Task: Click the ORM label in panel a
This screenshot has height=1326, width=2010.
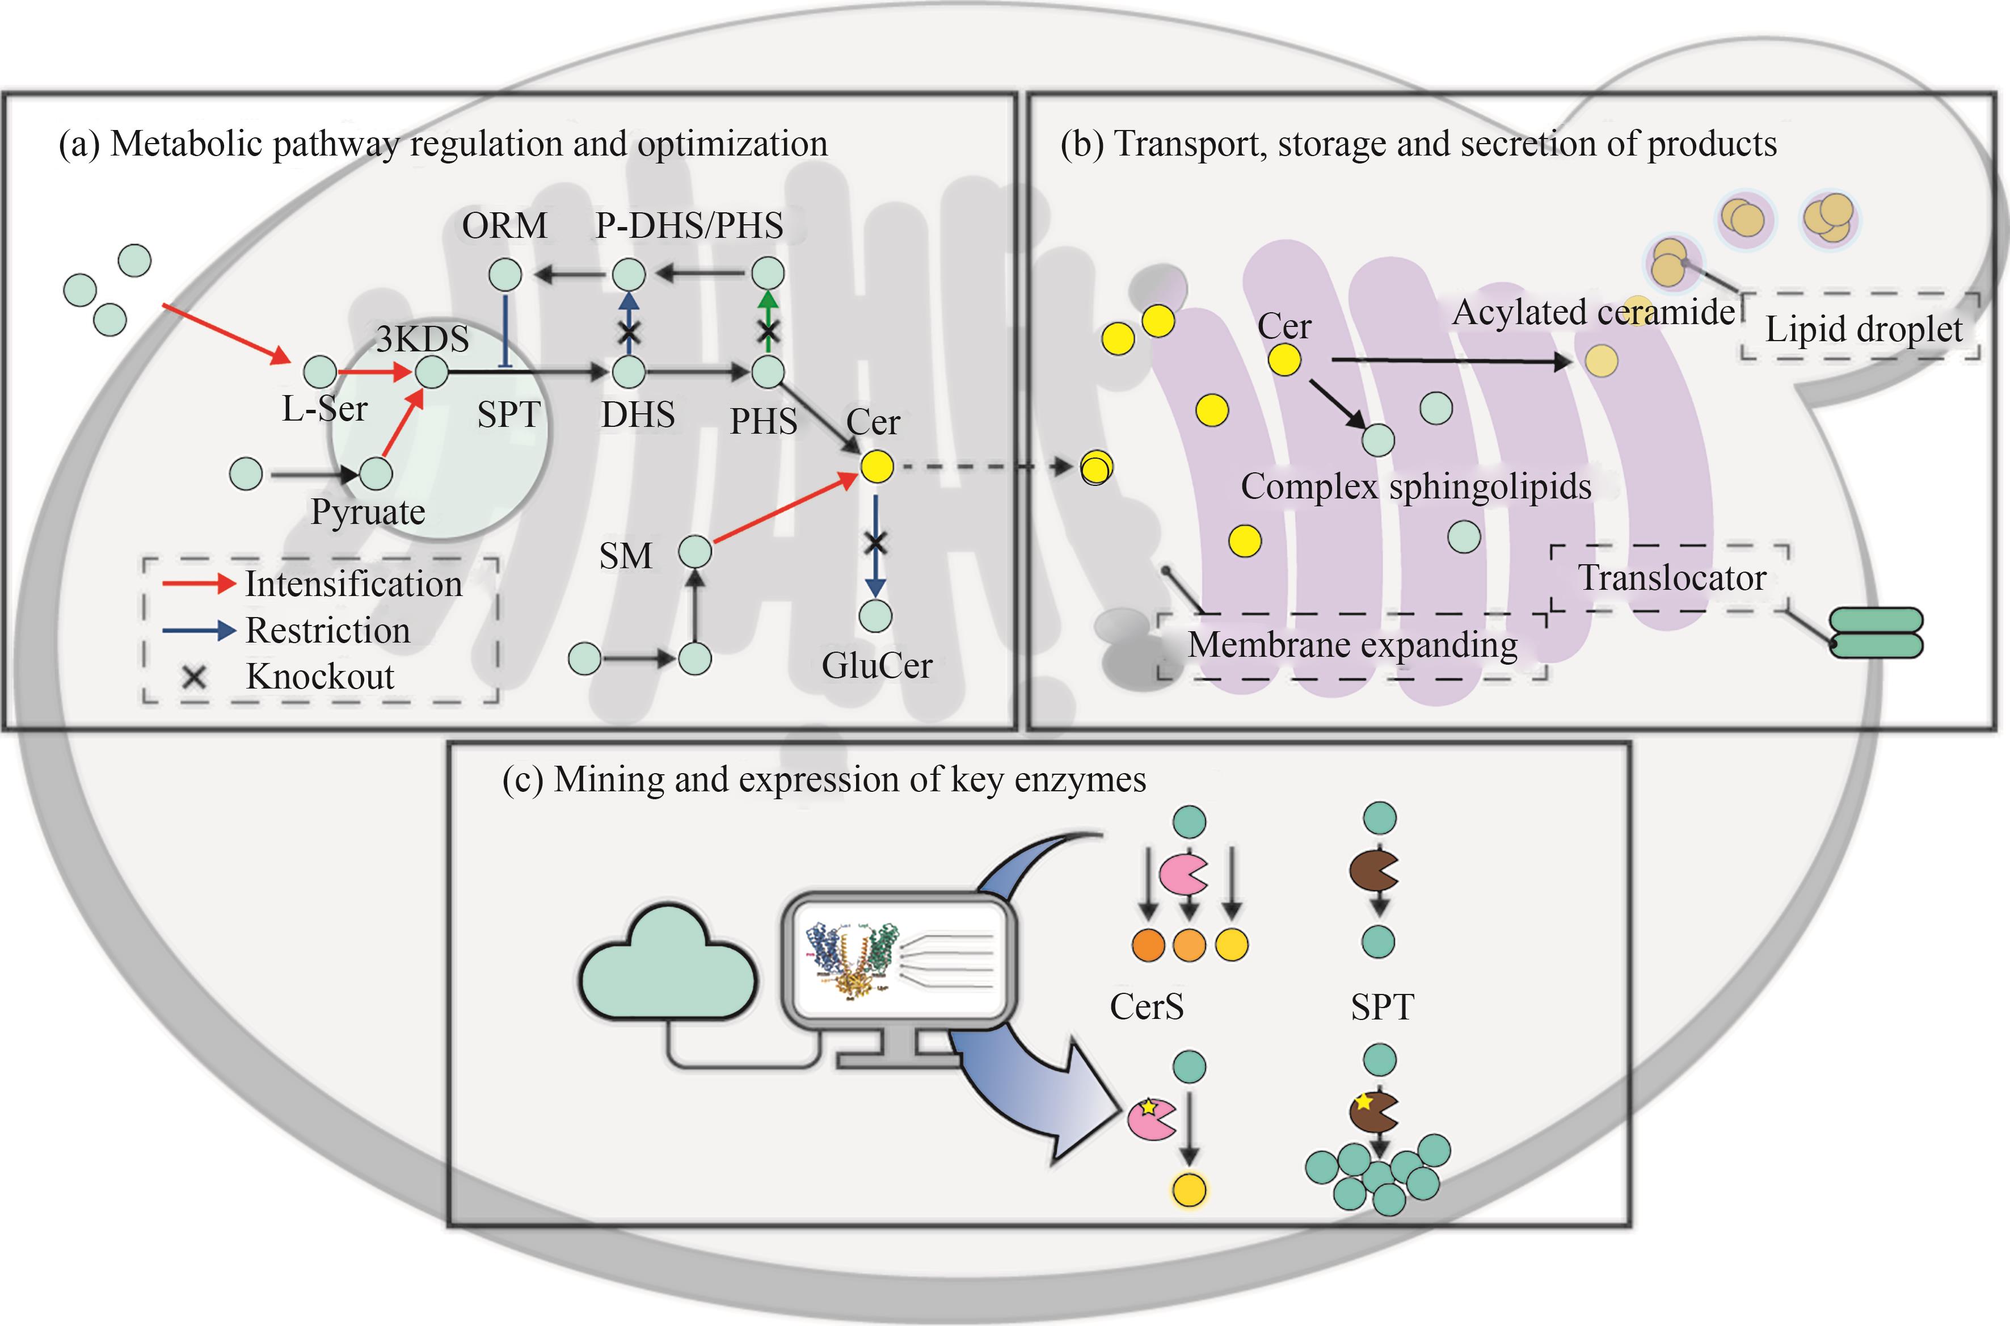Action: [x=504, y=226]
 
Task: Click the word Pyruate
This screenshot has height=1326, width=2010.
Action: [x=368, y=511]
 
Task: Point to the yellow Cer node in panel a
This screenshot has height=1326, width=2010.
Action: [x=877, y=466]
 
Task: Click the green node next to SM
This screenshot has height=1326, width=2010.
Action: [x=695, y=552]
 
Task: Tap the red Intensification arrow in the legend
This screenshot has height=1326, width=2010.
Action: [x=198, y=584]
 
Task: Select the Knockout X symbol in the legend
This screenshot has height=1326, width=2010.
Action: [x=195, y=677]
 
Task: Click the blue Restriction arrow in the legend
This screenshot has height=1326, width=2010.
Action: [x=198, y=630]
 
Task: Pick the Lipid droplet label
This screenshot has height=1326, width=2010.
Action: [x=1864, y=329]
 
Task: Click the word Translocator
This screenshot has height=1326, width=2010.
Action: [x=1672, y=578]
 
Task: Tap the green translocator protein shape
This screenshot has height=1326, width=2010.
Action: [x=1877, y=632]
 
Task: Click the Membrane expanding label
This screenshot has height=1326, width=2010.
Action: [x=1352, y=645]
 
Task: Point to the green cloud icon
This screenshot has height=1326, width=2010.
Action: [x=668, y=964]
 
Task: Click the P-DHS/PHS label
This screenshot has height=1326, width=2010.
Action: [x=689, y=226]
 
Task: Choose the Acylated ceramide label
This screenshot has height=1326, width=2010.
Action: [x=1593, y=313]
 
